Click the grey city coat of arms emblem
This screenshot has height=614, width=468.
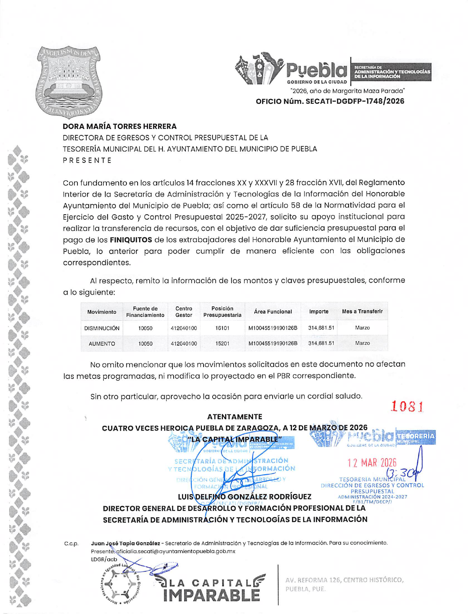tap(69, 82)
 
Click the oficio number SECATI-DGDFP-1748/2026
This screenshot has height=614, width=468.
tap(330, 101)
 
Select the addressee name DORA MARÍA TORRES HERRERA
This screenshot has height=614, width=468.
tap(119, 126)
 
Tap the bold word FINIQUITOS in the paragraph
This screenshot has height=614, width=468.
tap(131, 240)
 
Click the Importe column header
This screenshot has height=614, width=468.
tap(319, 311)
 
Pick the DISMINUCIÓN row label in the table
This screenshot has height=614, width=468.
tap(102, 328)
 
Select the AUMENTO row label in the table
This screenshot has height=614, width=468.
tap(102, 344)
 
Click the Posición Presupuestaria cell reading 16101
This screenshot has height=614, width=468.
tap(222, 328)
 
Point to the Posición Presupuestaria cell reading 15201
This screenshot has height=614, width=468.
tap(222, 344)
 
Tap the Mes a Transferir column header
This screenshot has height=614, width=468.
tap(362, 311)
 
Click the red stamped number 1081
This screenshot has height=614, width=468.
tap(407, 407)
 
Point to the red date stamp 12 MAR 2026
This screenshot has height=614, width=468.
tap(372, 463)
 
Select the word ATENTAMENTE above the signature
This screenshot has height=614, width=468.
tap(234, 417)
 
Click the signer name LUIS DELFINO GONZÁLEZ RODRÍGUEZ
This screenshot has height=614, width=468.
tap(244, 497)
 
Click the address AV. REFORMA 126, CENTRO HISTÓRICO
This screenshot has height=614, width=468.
tap(344, 580)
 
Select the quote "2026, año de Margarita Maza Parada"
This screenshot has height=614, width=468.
tap(347, 91)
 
